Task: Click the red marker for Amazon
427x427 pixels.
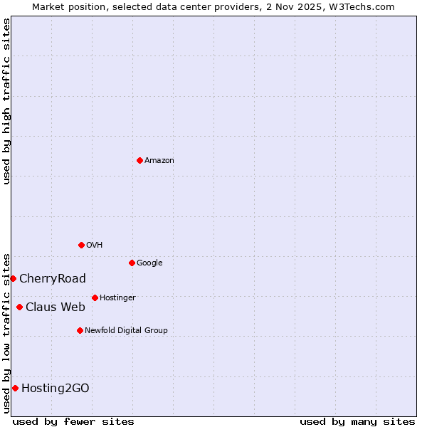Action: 139,160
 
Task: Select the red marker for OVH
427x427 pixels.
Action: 81,245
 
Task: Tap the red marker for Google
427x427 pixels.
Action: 132,263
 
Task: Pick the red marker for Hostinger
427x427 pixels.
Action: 95,297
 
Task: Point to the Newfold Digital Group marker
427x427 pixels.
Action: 80,330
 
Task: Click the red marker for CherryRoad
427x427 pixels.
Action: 13,278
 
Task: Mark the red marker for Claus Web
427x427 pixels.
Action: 19,307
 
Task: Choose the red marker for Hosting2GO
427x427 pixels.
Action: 15,388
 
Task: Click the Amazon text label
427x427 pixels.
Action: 159,161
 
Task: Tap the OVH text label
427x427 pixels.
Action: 95,246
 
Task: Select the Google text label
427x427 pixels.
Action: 149,263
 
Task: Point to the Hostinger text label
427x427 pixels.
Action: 117,298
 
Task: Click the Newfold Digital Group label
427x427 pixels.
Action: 126,331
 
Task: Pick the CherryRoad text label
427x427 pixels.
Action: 53,279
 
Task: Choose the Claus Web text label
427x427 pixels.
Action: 56,307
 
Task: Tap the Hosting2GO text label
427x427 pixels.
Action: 56,389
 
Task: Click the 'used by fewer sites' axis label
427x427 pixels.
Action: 73,421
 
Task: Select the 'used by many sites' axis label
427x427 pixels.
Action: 357,421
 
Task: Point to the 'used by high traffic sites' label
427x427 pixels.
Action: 6,101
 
